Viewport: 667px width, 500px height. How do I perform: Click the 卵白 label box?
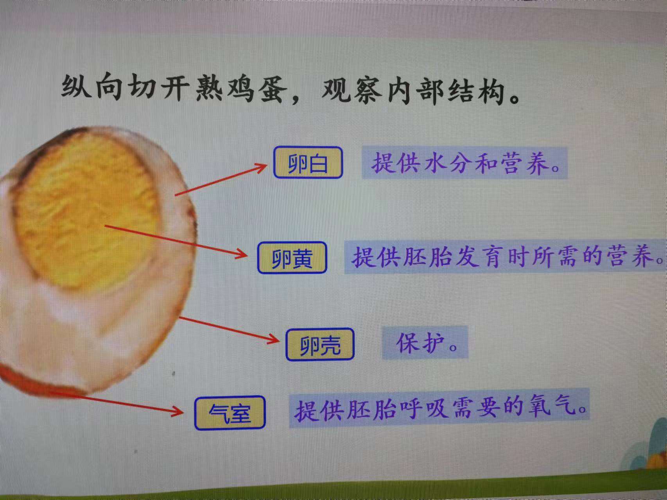(308, 162)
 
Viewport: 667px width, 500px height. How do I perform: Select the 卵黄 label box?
(292, 257)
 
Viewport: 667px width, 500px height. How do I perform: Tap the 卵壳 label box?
(320, 344)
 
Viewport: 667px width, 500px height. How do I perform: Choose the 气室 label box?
(230, 413)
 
